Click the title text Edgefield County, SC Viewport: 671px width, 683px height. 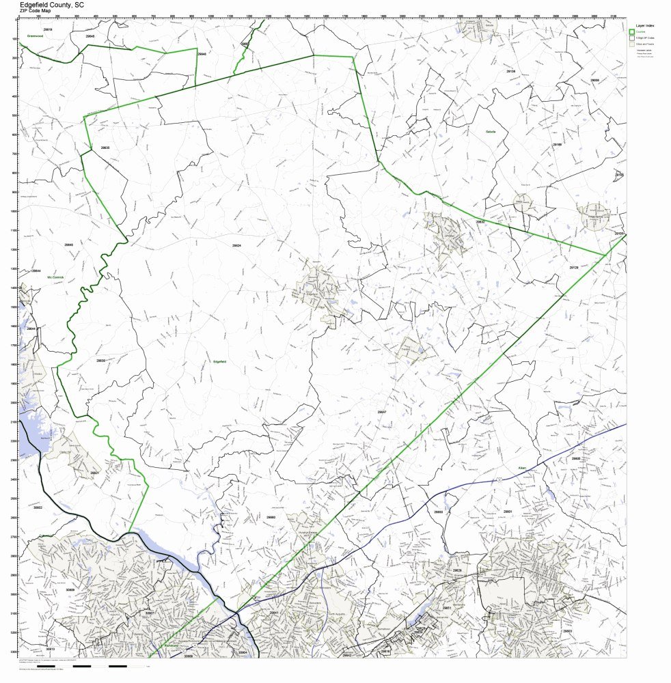click(x=52, y=4)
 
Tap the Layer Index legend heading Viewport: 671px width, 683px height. click(x=642, y=25)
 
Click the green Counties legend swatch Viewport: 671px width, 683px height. click(x=632, y=31)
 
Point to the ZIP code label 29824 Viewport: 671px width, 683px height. click(x=236, y=244)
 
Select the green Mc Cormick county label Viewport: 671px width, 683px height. click(x=55, y=277)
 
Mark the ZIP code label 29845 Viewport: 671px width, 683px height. click(x=68, y=245)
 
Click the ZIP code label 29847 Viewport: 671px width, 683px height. click(x=381, y=412)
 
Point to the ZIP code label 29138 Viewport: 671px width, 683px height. click(x=510, y=71)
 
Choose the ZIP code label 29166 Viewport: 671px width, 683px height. click(x=557, y=145)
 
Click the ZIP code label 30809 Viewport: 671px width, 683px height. click(x=70, y=589)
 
